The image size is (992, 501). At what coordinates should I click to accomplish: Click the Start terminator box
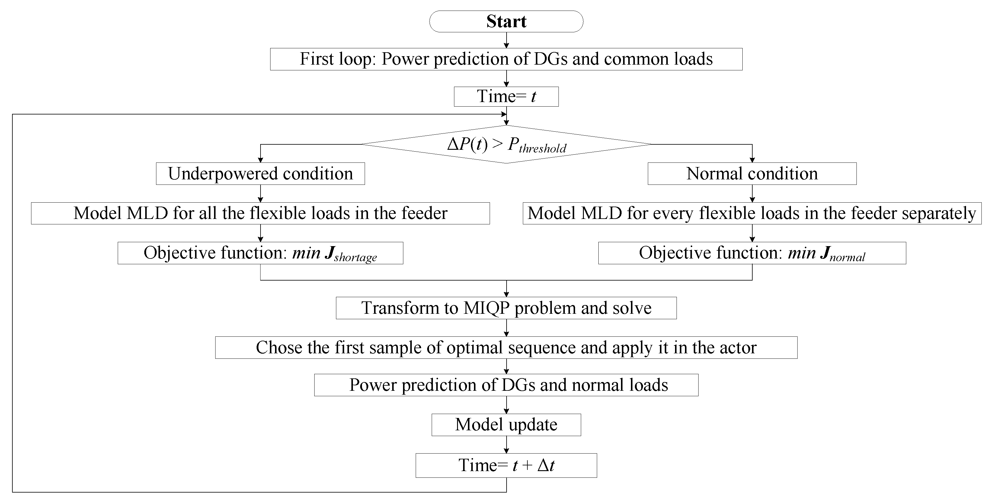[x=506, y=21]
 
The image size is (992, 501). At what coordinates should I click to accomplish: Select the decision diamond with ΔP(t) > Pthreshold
[x=506, y=144]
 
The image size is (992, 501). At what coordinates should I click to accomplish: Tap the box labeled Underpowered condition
[x=260, y=174]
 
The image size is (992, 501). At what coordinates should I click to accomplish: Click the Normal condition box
[x=752, y=174]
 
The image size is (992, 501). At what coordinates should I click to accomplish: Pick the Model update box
[x=506, y=425]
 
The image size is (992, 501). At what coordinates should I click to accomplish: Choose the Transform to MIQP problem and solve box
[x=506, y=308]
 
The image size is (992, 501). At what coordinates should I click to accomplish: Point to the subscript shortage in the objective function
[x=355, y=257]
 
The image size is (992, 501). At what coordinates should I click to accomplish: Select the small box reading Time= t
[x=506, y=96]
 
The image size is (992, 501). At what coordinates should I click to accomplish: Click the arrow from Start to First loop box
[x=506, y=40]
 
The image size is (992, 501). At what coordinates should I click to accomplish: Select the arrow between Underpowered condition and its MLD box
[x=260, y=194]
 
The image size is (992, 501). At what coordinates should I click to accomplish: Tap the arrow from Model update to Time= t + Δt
[x=506, y=445]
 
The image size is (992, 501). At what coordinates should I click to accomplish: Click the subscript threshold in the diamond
[x=542, y=149]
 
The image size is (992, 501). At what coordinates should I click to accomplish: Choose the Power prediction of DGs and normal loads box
[x=506, y=385]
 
